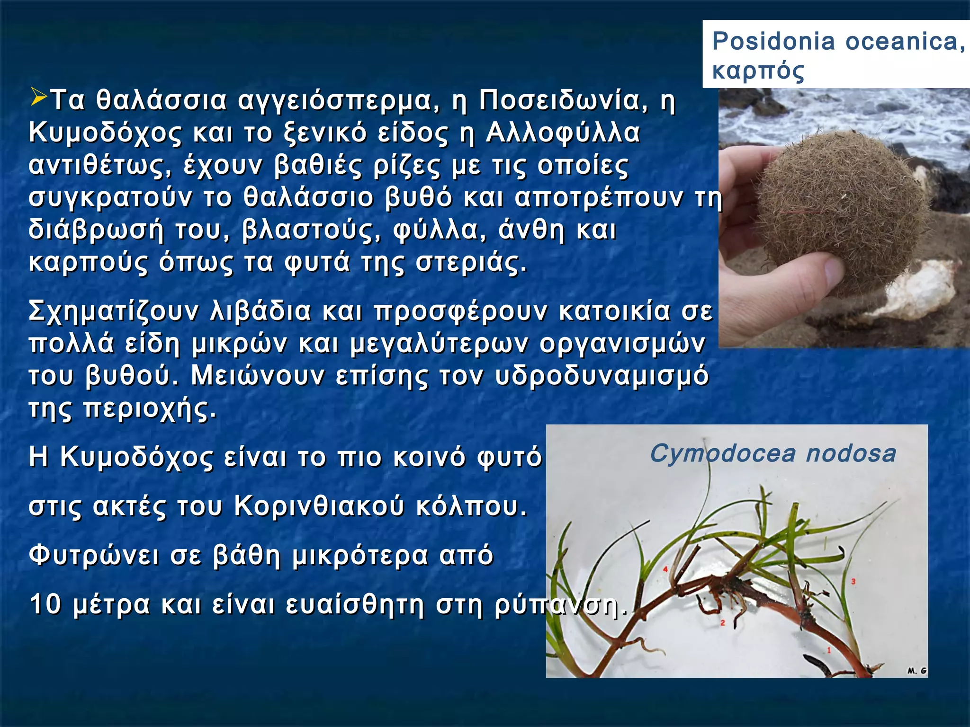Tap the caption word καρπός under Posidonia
pos(758,71)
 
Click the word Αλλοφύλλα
pos(563,133)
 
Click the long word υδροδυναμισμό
pos(602,376)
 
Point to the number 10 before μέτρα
pos(45,604)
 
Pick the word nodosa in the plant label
pos(851,453)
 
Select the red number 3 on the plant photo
pos(853,582)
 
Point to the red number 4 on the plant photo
pos(665,569)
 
